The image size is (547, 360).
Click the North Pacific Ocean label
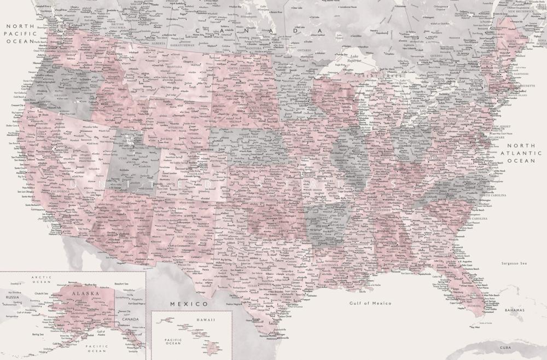(x=20, y=33)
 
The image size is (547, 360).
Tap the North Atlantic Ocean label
(x=520, y=153)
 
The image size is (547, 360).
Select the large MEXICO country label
(x=189, y=304)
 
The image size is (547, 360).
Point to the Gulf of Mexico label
(x=370, y=303)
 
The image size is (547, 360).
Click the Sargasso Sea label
(x=514, y=263)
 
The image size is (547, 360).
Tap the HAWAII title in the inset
(x=191, y=320)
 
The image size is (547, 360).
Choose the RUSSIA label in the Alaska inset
(x=11, y=298)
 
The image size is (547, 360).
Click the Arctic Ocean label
(x=41, y=280)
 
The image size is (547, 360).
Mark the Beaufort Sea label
(x=121, y=284)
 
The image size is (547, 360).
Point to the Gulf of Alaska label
(x=101, y=334)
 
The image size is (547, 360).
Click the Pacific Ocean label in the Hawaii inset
(x=173, y=341)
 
